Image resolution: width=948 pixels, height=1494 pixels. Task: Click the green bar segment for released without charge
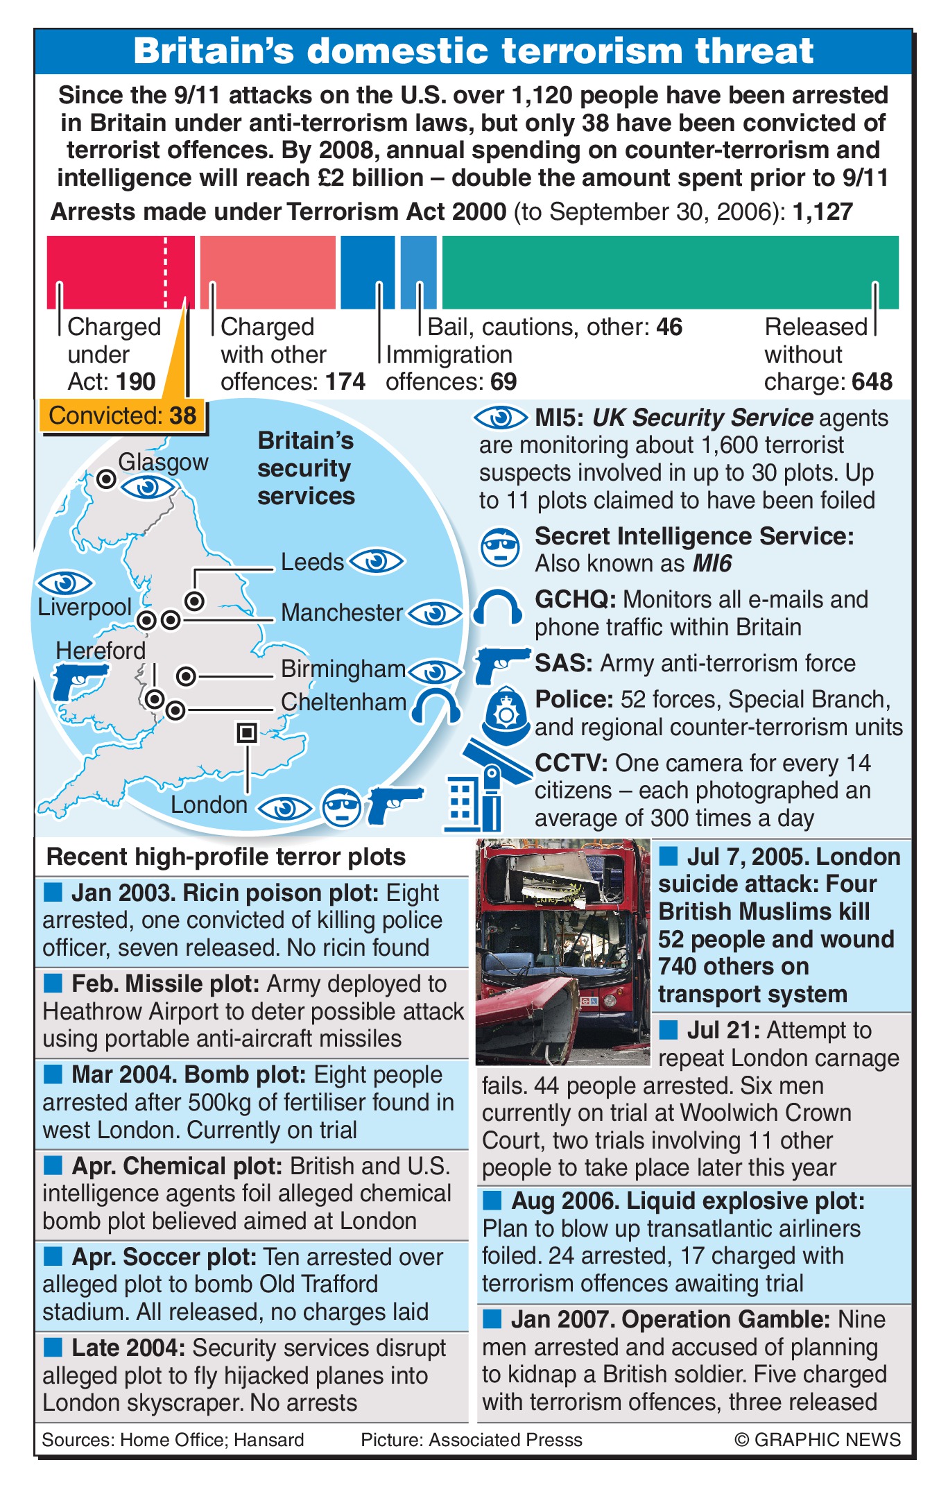pyautogui.click(x=670, y=272)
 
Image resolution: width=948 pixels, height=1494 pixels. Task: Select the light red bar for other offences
pyautogui.click(x=268, y=272)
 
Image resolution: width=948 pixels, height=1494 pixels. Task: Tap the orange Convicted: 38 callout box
pyautogui.click(x=123, y=416)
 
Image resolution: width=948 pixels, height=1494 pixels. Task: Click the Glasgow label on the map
pyautogui.click(x=163, y=462)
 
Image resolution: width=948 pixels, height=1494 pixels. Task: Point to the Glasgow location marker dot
pyautogui.click(x=106, y=479)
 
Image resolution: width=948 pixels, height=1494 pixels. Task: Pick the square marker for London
pyautogui.click(x=247, y=732)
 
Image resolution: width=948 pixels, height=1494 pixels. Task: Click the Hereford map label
pyautogui.click(x=101, y=651)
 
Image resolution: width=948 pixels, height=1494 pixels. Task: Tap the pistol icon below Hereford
pyautogui.click(x=78, y=680)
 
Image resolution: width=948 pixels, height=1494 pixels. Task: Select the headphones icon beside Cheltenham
pyautogui.click(x=436, y=707)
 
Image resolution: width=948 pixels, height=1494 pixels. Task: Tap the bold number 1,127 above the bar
pyautogui.click(x=823, y=212)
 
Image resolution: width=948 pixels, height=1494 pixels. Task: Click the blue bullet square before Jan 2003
pyautogui.click(x=53, y=892)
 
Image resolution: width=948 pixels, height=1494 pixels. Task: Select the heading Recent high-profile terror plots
pyautogui.click(x=226, y=857)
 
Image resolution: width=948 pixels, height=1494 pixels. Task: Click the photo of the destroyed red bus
pyautogui.click(x=562, y=951)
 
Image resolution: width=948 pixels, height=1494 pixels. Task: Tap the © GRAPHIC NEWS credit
pyautogui.click(x=818, y=1439)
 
